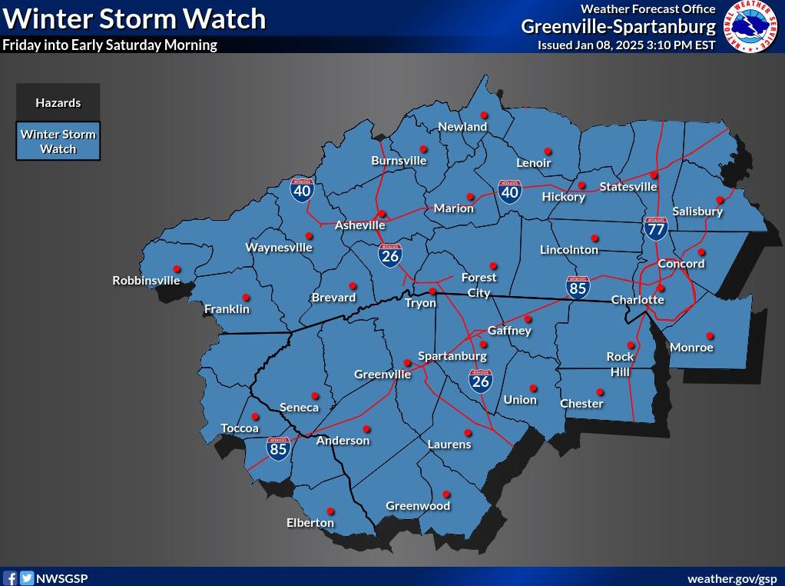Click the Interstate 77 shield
pyautogui.click(x=655, y=227)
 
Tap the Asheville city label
pyautogui.click(x=359, y=225)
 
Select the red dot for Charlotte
pyautogui.click(x=661, y=288)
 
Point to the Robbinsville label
pyautogui.click(x=146, y=281)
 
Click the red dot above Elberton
pyautogui.click(x=331, y=511)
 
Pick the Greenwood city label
pyautogui.click(x=418, y=506)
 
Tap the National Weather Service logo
pyautogui.click(x=750, y=27)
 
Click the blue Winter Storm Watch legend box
pyautogui.click(x=58, y=141)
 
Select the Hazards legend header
pyautogui.click(x=58, y=103)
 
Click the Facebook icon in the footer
pyautogui.click(x=11, y=578)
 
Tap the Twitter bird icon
pyautogui.click(x=27, y=578)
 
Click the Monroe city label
pyautogui.click(x=691, y=348)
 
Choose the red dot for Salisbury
pyautogui.click(x=720, y=199)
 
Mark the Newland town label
pyautogui.click(x=462, y=126)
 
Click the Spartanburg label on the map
pyautogui.click(x=452, y=356)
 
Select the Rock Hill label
pyautogui.click(x=620, y=364)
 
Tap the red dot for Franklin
pyautogui.click(x=246, y=298)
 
